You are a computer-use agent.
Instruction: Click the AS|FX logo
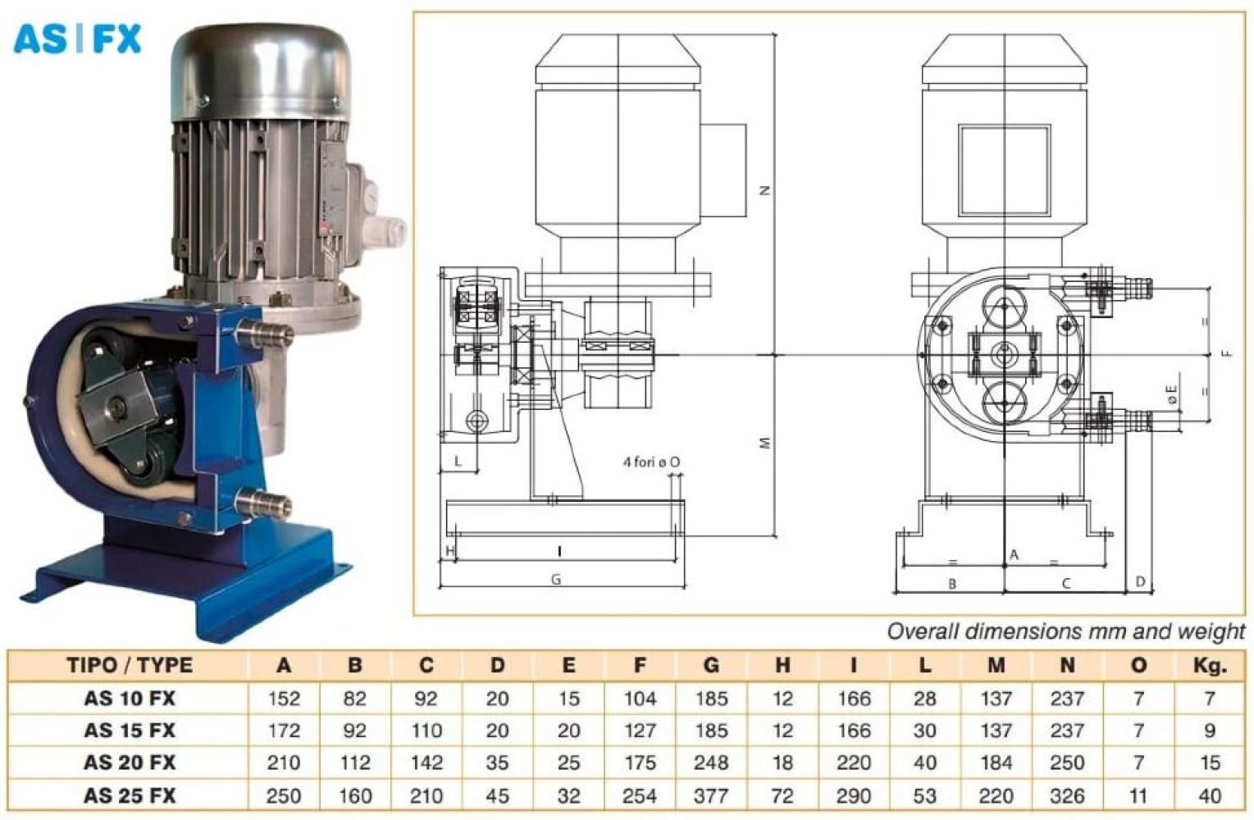point(77,39)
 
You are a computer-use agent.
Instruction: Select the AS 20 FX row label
point(130,763)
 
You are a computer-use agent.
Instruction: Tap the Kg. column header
point(1210,665)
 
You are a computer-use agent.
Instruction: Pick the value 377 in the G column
point(711,795)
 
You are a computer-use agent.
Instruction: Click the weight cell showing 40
point(1210,795)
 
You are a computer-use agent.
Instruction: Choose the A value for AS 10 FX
point(284,698)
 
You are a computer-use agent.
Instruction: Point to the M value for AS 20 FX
point(996,763)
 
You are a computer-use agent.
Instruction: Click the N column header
point(1067,665)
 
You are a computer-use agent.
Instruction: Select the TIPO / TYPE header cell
point(130,665)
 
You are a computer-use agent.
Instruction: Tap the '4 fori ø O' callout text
point(652,462)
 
